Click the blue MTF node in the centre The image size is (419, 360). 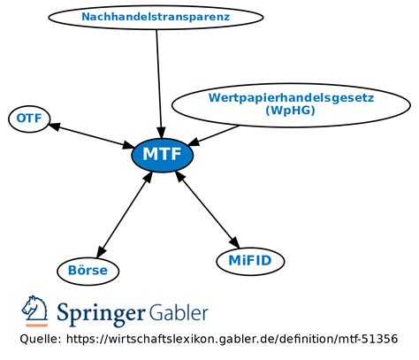coord(162,156)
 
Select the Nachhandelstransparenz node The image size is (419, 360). coord(156,17)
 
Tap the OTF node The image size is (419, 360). coord(29,119)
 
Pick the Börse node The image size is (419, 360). coord(88,270)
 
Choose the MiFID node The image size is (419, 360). coord(250,260)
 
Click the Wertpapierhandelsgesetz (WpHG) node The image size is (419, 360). coord(291,103)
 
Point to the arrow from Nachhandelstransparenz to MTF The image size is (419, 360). coord(158,80)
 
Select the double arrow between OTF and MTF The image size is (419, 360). coord(91,134)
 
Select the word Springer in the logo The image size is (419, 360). coord(99,314)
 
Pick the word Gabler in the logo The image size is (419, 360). coord(178,312)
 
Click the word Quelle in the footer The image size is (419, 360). coord(41,340)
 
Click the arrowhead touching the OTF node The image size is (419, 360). coord(55,125)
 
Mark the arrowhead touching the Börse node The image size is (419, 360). coord(100,253)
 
